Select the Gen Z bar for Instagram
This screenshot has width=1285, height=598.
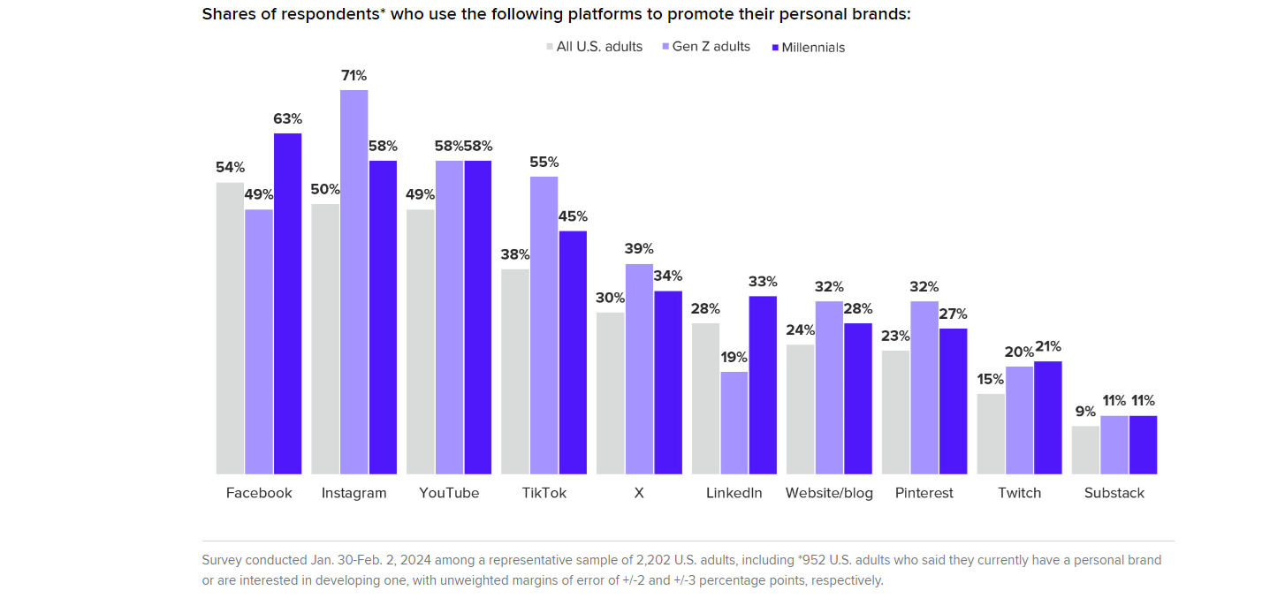pos(354,282)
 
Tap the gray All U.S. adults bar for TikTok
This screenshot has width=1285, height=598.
pos(515,371)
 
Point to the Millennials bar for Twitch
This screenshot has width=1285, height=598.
pos(1047,417)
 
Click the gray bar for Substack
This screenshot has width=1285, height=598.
pos(1085,450)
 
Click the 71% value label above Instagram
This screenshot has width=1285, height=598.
pos(354,76)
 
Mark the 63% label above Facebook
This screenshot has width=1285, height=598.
pos(287,119)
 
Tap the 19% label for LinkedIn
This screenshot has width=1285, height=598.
pos(734,358)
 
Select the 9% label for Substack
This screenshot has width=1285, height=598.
pos(1085,412)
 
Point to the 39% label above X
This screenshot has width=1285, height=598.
pos(639,249)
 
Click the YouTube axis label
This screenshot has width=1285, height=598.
pos(449,493)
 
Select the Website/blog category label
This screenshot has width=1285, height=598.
pos(829,493)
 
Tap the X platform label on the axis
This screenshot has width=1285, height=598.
pos(639,493)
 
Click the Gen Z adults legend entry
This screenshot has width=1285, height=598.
pos(711,47)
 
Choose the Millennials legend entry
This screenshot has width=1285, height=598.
pos(813,48)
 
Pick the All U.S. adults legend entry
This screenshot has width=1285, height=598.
pos(598,47)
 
